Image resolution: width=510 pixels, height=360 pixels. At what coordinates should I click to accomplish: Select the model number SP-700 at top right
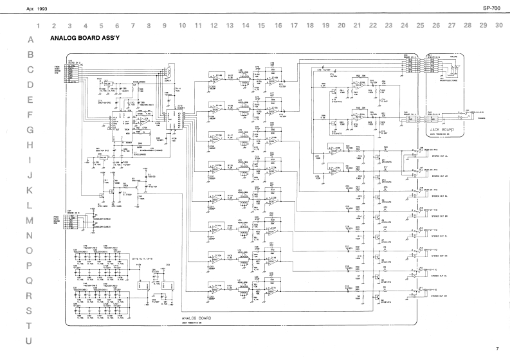click(x=491, y=8)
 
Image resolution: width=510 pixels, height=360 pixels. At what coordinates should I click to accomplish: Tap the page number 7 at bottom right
click(x=496, y=349)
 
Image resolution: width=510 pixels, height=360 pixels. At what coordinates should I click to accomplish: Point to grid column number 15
click(x=261, y=26)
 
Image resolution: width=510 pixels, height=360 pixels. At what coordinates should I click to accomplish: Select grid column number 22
click(x=372, y=26)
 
